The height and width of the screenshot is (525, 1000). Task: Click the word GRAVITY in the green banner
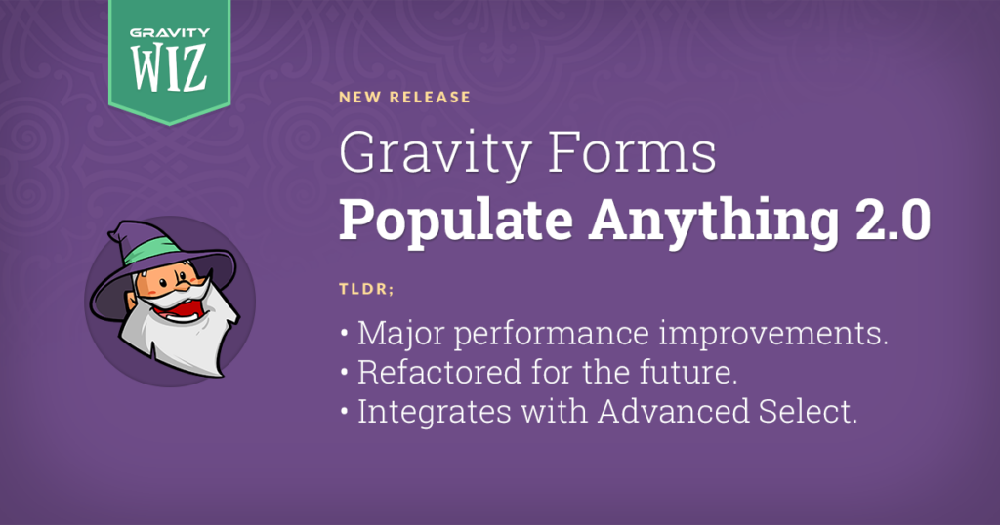170,32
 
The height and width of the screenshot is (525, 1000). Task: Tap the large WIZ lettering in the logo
170,67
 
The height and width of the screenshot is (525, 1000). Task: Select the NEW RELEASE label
405,98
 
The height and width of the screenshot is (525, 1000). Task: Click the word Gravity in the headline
435,154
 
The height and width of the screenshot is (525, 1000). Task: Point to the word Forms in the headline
632,153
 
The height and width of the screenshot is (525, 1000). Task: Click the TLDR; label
367,289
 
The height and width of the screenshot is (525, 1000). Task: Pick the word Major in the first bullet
400,333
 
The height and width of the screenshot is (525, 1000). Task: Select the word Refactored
439,372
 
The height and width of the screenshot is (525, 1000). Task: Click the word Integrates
435,412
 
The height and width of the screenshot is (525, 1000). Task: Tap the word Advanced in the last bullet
673,411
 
